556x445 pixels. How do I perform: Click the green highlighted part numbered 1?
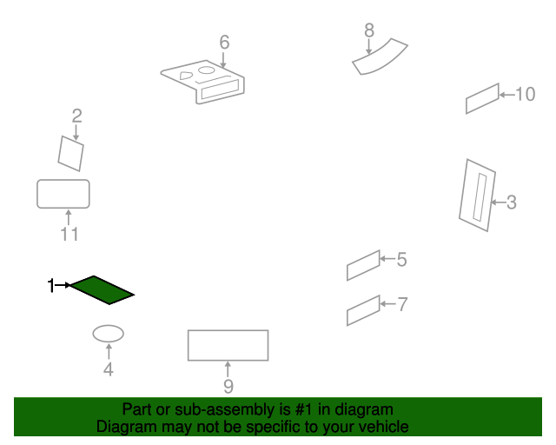click(103, 290)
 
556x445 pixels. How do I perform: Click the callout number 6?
click(224, 43)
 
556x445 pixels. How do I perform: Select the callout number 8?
click(369, 30)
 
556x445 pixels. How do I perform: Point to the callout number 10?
click(525, 95)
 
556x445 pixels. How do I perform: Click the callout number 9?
click(228, 386)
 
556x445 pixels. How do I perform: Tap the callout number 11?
click(69, 234)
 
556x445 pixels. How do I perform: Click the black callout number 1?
click(51, 285)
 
